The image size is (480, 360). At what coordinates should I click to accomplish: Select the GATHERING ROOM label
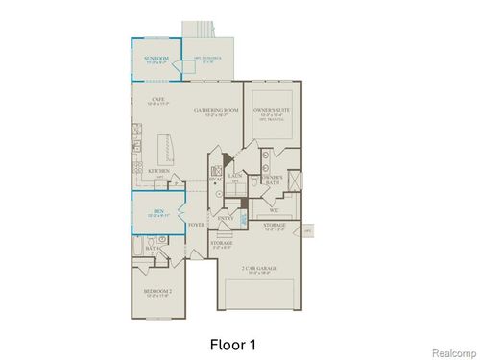coord(216,110)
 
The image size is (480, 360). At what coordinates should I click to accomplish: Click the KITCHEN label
coord(159,172)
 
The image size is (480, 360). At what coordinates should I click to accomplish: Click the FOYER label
coord(197,225)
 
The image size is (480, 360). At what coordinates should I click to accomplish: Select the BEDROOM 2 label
coord(157,289)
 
